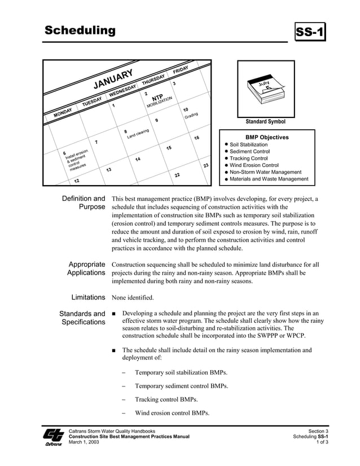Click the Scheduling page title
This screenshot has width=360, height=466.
click(80, 30)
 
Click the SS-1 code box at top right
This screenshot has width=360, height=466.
click(311, 33)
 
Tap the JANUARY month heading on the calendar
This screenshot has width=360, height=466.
click(113, 80)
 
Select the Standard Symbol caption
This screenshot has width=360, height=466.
click(265, 122)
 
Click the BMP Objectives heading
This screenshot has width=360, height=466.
click(267, 137)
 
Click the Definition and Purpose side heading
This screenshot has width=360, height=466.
click(84, 203)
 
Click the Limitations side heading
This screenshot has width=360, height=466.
click(88, 297)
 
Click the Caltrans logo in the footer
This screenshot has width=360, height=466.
click(54, 437)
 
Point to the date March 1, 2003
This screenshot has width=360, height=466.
click(84, 442)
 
